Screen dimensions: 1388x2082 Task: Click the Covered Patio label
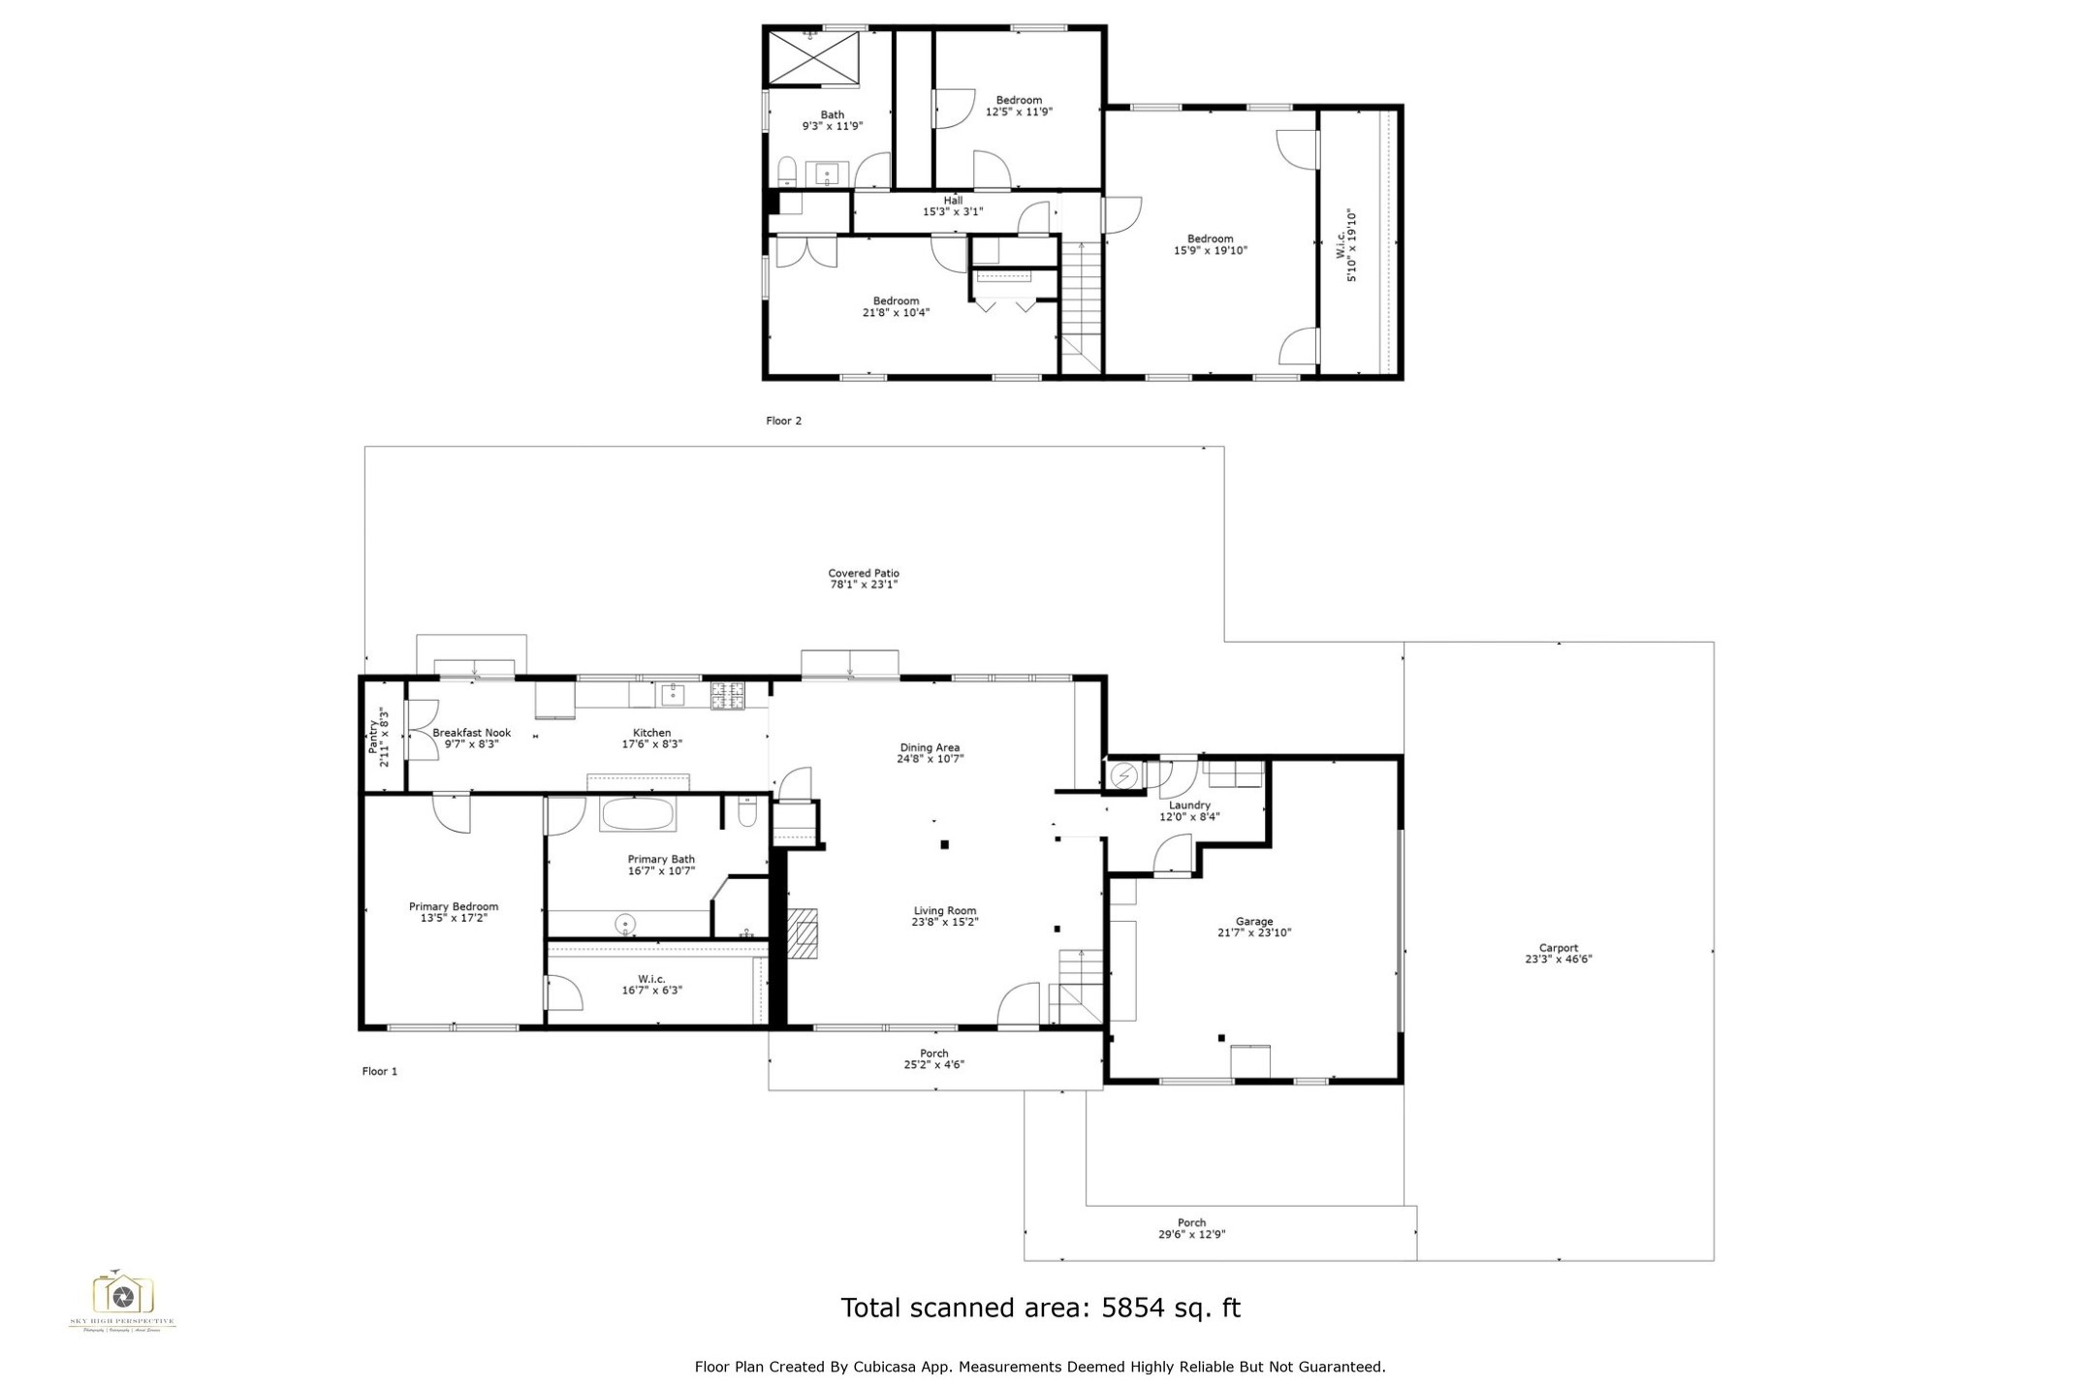863,573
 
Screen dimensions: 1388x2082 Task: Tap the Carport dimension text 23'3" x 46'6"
1558,960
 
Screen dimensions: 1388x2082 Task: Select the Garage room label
1254,922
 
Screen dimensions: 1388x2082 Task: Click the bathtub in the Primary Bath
638,814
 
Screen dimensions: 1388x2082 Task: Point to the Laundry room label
1189,805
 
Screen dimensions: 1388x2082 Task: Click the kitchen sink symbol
673,694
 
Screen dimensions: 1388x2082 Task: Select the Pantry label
373,737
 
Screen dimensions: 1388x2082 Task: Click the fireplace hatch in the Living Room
803,932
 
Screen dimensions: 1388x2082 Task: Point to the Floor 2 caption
783,421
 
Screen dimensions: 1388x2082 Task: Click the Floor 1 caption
379,1071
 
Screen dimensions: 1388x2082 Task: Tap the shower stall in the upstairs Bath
814,59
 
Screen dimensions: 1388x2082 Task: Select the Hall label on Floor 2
953,201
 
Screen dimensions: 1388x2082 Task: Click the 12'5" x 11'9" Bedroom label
1019,106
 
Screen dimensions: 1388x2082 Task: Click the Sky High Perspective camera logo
122,1294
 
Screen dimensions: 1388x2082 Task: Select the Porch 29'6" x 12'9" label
1191,1228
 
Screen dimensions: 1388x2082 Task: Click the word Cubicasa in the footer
886,1367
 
